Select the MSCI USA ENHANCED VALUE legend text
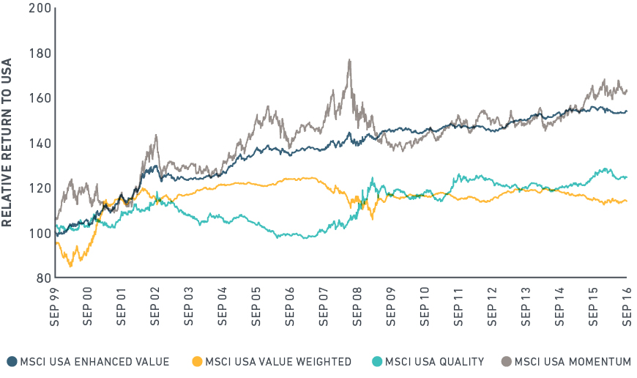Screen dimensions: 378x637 click(x=94, y=361)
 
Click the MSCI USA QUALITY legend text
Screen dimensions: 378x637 click(x=435, y=361)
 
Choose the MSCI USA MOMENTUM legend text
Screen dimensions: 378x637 click(x=573, y=361)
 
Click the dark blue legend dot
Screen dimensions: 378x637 click(x=12, y=361)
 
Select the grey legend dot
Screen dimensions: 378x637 click(x=506, y=361)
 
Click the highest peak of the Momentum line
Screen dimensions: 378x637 click(x=350, y=60)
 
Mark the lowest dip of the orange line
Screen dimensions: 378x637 click(x=70, y=265)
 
